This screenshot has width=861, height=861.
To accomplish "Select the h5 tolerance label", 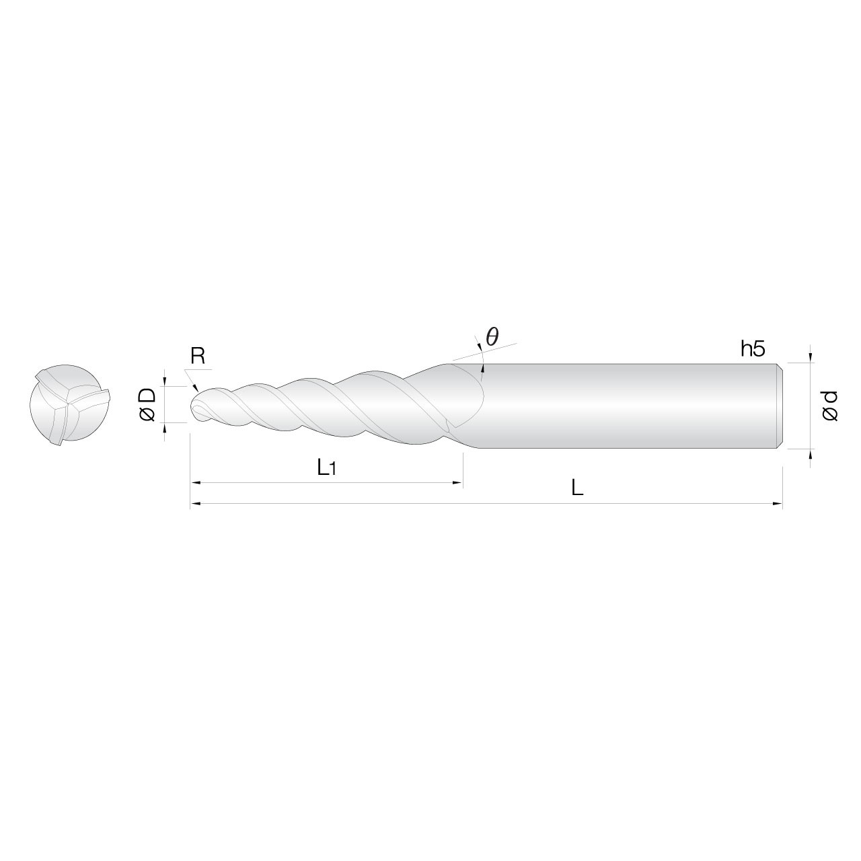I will tap(753, 348).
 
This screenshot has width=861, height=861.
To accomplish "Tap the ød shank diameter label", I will tap(830, 406).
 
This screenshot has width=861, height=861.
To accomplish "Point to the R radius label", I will tap(197, 357).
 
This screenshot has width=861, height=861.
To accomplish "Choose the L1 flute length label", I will tap(327, 467).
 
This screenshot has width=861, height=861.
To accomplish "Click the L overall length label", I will tap(576, 488).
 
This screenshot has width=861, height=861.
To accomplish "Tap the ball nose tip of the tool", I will tap(197, 406).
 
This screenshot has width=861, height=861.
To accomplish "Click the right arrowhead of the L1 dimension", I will tap(459, 483).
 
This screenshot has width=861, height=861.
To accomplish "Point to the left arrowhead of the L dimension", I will tap(195, 502).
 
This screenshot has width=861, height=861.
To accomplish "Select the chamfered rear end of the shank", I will tap(780, 406).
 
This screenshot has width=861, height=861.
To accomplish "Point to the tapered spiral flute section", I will tap(336, 406).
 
